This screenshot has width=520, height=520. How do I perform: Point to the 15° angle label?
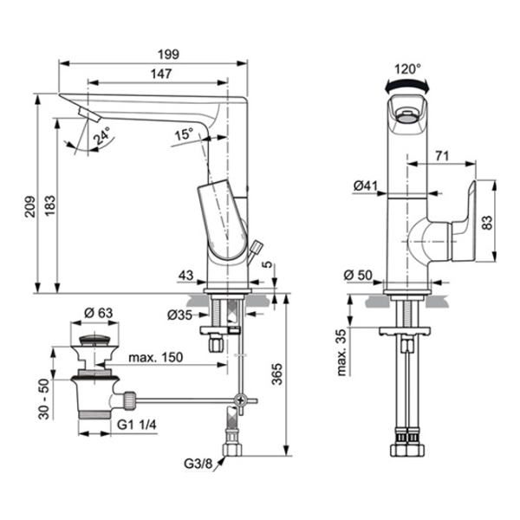pyautogui.click(x=184, y=135)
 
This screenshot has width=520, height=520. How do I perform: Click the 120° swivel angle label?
pyautogui.click(x=408, y=67)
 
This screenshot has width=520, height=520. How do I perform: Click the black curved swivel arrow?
pyautogui.click(x=407, y=84)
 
